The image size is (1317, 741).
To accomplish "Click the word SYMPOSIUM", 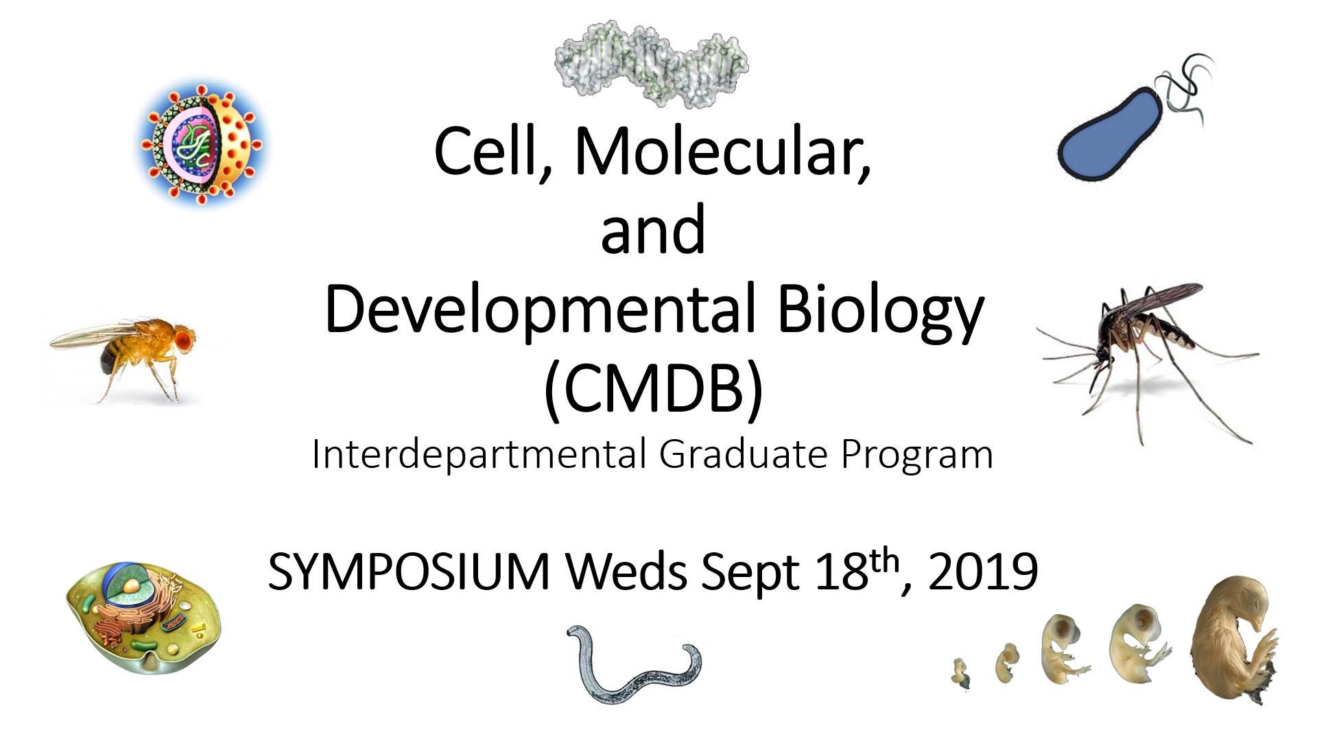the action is coord(409,572).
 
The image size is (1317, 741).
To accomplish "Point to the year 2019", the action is coord(982,572).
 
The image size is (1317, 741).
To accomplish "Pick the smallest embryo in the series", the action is coord(961,672).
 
